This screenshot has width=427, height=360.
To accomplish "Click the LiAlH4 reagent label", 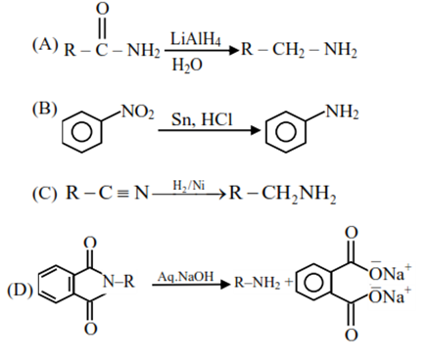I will (196, 37).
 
